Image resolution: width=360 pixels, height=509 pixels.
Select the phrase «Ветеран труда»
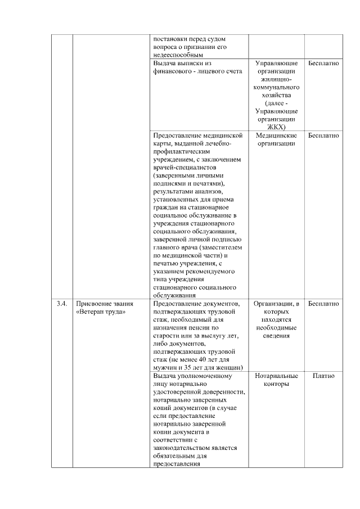click(101, 312)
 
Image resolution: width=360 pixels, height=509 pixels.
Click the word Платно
click(323, 376)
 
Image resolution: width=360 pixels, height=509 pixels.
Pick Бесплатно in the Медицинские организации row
click(323, 136)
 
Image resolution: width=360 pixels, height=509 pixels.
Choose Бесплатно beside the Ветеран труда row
click(323, 304)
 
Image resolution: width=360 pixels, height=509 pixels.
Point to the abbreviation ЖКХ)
click(276, 127)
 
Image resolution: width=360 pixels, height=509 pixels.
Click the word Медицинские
click(276, 136)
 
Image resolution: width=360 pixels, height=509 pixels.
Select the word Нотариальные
click(276, 376)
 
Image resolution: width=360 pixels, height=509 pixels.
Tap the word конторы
click(276, 384)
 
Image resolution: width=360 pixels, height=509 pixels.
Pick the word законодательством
click(183, 448)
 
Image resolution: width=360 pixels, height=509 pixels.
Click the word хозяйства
click(276, 96)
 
